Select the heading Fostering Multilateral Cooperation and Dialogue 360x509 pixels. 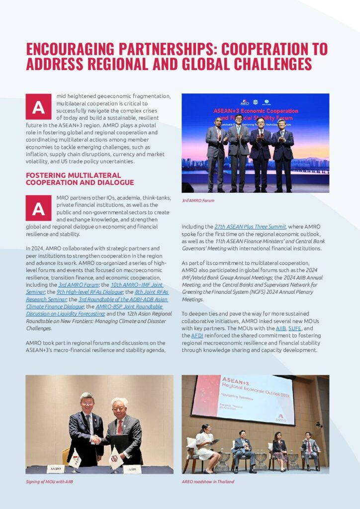click(73, 179)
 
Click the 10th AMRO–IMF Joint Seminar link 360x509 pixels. click(136, 285)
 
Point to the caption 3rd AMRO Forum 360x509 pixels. click(197, 200)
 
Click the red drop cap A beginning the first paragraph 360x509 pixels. click(38, 107)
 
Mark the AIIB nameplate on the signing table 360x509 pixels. click(132, 469)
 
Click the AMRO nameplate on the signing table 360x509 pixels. click(55, 469)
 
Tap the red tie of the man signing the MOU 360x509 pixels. click(119, 427)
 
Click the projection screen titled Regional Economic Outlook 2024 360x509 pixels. click(236, 399)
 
